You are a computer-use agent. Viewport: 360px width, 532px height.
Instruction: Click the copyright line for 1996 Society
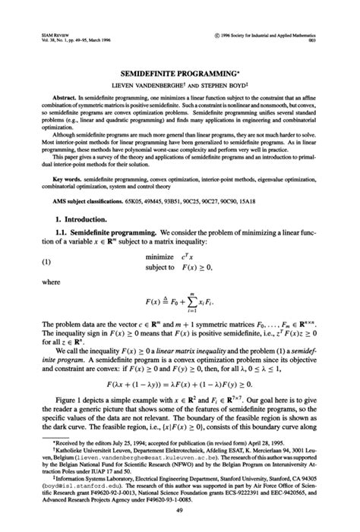268,35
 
